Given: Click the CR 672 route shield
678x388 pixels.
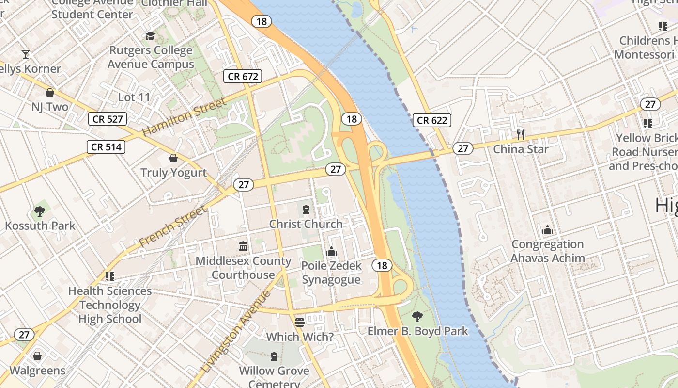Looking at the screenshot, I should [244, 76].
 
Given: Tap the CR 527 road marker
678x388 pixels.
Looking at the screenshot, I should [108, 119].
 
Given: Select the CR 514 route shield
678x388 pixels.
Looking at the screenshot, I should [106, 146].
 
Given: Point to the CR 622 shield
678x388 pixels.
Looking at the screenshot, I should [432, 120].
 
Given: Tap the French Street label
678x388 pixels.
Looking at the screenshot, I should [172, 226].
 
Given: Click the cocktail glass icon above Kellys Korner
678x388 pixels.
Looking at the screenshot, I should [26, 54].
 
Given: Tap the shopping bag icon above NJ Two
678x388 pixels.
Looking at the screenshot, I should [49, 92].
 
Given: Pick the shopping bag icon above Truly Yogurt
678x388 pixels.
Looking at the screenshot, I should [173, 158].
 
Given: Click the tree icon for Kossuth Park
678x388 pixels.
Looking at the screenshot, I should [40, 211].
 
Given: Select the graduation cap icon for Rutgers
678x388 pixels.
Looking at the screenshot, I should [150, 36].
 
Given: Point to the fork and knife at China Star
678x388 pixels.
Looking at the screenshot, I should [521, 134].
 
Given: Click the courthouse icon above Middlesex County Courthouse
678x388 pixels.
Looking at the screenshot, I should [243, 246].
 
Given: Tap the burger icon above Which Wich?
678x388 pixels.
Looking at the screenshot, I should [299, 322].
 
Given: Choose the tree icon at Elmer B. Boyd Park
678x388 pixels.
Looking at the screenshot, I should [417, 317].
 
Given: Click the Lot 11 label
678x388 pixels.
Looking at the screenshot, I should [134, 97].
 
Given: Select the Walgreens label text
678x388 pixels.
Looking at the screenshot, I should [37, 371].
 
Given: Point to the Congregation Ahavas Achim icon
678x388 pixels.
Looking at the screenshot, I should [548, 230].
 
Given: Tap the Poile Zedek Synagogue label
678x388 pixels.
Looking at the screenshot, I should [331, 273].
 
